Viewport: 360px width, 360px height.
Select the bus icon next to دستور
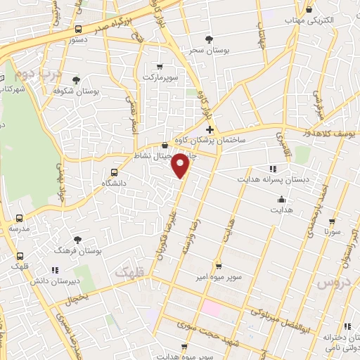pos(78,30)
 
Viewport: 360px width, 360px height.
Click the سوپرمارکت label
pos(162,75)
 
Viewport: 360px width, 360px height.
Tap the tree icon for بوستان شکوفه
pos(76,80)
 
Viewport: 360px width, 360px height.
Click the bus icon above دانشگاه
pos(115,172)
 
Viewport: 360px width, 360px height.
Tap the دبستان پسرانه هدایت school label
pos(296,179)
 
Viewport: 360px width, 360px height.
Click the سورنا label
pos(333,230)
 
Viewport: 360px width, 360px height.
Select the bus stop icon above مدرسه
pos(19,219)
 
